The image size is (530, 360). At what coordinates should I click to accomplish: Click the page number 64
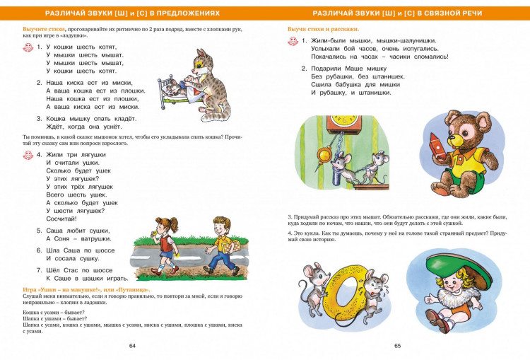coord(132,345)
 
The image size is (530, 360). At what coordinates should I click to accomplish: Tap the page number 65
coord(397,345)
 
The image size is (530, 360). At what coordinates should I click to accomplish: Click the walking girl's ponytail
coord(157,228)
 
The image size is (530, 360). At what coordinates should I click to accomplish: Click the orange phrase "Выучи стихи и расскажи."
coord(323,29)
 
